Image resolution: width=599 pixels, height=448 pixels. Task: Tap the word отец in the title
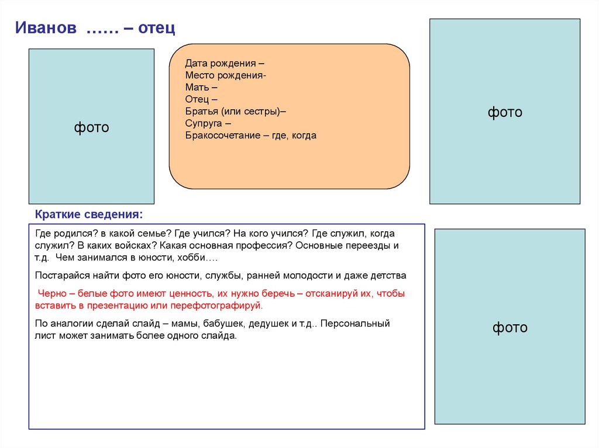pyautogui.click(x=157, y=28)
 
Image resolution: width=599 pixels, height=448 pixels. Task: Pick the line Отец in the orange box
pyautogui.click(x=201, y=99)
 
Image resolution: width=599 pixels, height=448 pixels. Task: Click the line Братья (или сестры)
pyautogui.click(x=235, y=111)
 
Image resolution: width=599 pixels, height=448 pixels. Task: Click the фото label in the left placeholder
pyautogui.click(x=91, y=127)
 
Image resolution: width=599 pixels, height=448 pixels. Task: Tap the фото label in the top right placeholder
pyautogui.click(x=505, y=112)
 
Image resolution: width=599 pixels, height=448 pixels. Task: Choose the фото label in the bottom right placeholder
pyautogui.click(x=510, y=328)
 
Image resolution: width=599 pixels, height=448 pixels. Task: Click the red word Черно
pyautogui.click(x=51, y=294)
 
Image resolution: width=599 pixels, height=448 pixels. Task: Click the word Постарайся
pyautogui.click(x=59, y=275)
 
